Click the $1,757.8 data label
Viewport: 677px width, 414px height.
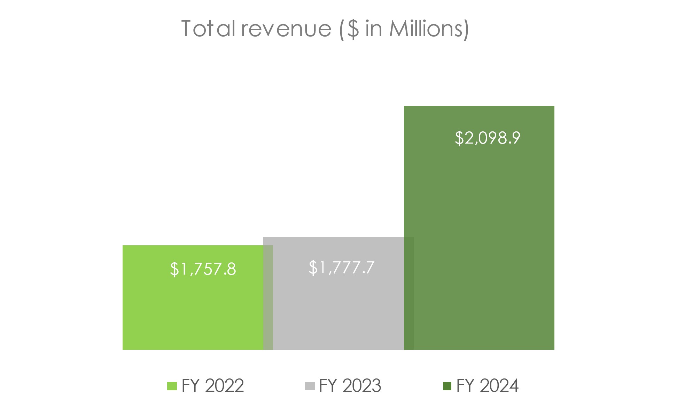[203, 269]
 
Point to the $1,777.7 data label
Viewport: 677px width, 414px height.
[341, 268]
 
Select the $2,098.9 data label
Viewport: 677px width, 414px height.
[488, 138]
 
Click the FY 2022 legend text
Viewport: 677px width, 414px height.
[212, 386]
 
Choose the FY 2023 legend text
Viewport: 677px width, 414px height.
[350, 386]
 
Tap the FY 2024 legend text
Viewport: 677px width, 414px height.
[488, 386]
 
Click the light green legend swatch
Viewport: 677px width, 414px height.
[172, 386]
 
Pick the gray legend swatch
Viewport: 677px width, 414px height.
[310, 386]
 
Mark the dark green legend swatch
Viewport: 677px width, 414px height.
[447, 386]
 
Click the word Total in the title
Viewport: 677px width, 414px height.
[208, 29]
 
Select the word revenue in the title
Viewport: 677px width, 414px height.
[286, 29]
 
